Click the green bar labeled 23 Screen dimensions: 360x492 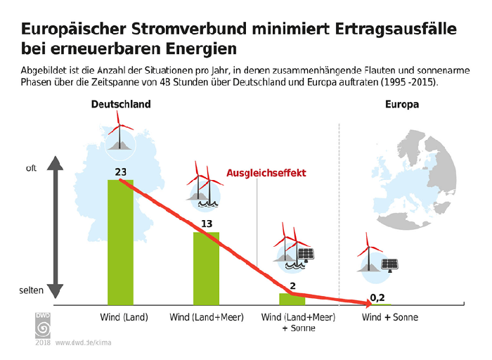119,243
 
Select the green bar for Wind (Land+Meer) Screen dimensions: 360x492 206,268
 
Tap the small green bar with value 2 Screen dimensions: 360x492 292,299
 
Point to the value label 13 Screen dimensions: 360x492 207,224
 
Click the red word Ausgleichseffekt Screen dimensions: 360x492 266,173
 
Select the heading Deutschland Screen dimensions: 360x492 120,105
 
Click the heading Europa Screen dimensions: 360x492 402,105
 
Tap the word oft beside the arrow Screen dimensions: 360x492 31,169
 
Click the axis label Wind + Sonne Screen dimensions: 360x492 389,317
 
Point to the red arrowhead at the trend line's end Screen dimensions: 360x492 366,304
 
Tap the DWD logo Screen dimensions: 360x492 42,326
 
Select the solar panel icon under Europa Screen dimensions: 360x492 390,264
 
